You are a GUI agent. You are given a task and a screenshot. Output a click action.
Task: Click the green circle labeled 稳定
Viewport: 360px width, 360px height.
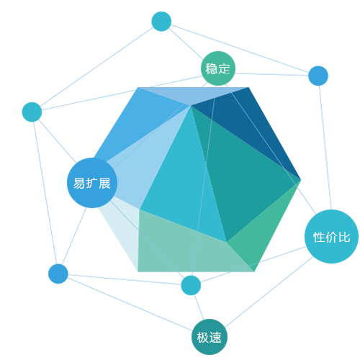[218, 68]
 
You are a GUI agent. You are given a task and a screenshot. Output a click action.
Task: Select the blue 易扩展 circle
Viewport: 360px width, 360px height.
[92, 183]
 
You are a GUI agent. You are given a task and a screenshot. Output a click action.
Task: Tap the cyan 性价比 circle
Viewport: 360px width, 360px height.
[331, 237]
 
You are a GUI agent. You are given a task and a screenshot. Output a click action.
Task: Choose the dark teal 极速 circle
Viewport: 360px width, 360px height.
[210, 337]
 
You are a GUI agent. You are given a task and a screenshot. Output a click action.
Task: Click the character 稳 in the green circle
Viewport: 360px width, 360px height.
[212, 68]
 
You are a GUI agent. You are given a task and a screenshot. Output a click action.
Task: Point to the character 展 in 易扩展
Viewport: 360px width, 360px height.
[104, 184]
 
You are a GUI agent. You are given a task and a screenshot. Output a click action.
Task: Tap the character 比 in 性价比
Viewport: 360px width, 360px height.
[344, 238]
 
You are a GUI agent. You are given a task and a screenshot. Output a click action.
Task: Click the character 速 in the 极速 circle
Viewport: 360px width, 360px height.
[215, 338]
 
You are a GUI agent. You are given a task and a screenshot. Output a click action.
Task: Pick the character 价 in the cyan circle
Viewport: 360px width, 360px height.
[332, 238]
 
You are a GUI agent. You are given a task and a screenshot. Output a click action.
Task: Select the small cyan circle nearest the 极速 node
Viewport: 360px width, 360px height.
[191, 285]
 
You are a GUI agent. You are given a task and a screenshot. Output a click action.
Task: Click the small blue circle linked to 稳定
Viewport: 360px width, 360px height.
[318, 76]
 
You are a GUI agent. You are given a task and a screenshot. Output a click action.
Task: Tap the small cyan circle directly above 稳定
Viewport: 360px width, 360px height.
[161, 22]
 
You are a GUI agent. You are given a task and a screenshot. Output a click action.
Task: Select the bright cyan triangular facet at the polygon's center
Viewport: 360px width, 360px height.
[185, 182]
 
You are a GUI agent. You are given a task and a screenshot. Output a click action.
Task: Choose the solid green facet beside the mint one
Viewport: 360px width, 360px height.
[261, 230]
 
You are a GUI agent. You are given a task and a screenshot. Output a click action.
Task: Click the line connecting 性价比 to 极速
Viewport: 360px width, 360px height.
[269, 292]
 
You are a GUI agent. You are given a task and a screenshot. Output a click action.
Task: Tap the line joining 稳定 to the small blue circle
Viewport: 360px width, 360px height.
[271, 74]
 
